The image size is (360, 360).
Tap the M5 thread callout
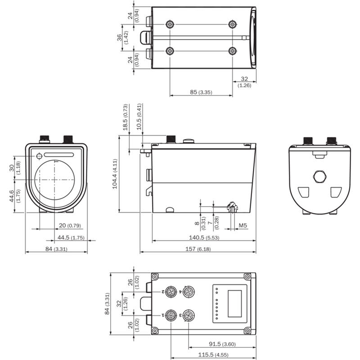click(x=243, y=225)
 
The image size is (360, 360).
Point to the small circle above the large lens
click(x=39, y=156)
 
